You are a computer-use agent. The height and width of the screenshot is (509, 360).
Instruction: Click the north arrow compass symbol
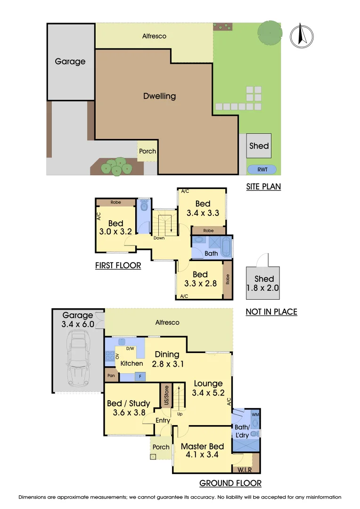(302, 36)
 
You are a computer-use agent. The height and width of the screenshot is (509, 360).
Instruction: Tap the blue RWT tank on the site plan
(262, 170)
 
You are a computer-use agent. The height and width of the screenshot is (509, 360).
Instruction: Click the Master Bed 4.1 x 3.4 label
(203, 451)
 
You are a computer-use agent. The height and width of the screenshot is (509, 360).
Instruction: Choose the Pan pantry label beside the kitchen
(111, 376)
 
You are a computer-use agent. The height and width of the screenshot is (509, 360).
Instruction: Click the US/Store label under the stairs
(165, 394)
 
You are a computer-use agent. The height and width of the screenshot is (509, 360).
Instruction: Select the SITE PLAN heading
(263, 187)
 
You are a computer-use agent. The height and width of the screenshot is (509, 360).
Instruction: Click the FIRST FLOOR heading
(118, 266)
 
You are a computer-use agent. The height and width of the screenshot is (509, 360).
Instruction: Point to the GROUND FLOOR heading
(230, 483)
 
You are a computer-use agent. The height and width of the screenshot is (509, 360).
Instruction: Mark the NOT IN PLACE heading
(271, 312)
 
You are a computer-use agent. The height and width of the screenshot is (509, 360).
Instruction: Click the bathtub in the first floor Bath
(226, 247)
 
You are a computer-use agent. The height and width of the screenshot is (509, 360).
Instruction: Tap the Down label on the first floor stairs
(159, 238)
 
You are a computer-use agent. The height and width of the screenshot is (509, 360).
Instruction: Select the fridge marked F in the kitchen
(139, 377)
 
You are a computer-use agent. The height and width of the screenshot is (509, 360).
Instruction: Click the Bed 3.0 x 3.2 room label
(115, 228)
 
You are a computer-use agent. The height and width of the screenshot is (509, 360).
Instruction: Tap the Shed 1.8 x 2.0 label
(264, 284)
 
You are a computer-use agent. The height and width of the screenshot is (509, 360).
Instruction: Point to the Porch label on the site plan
(147, 151)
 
